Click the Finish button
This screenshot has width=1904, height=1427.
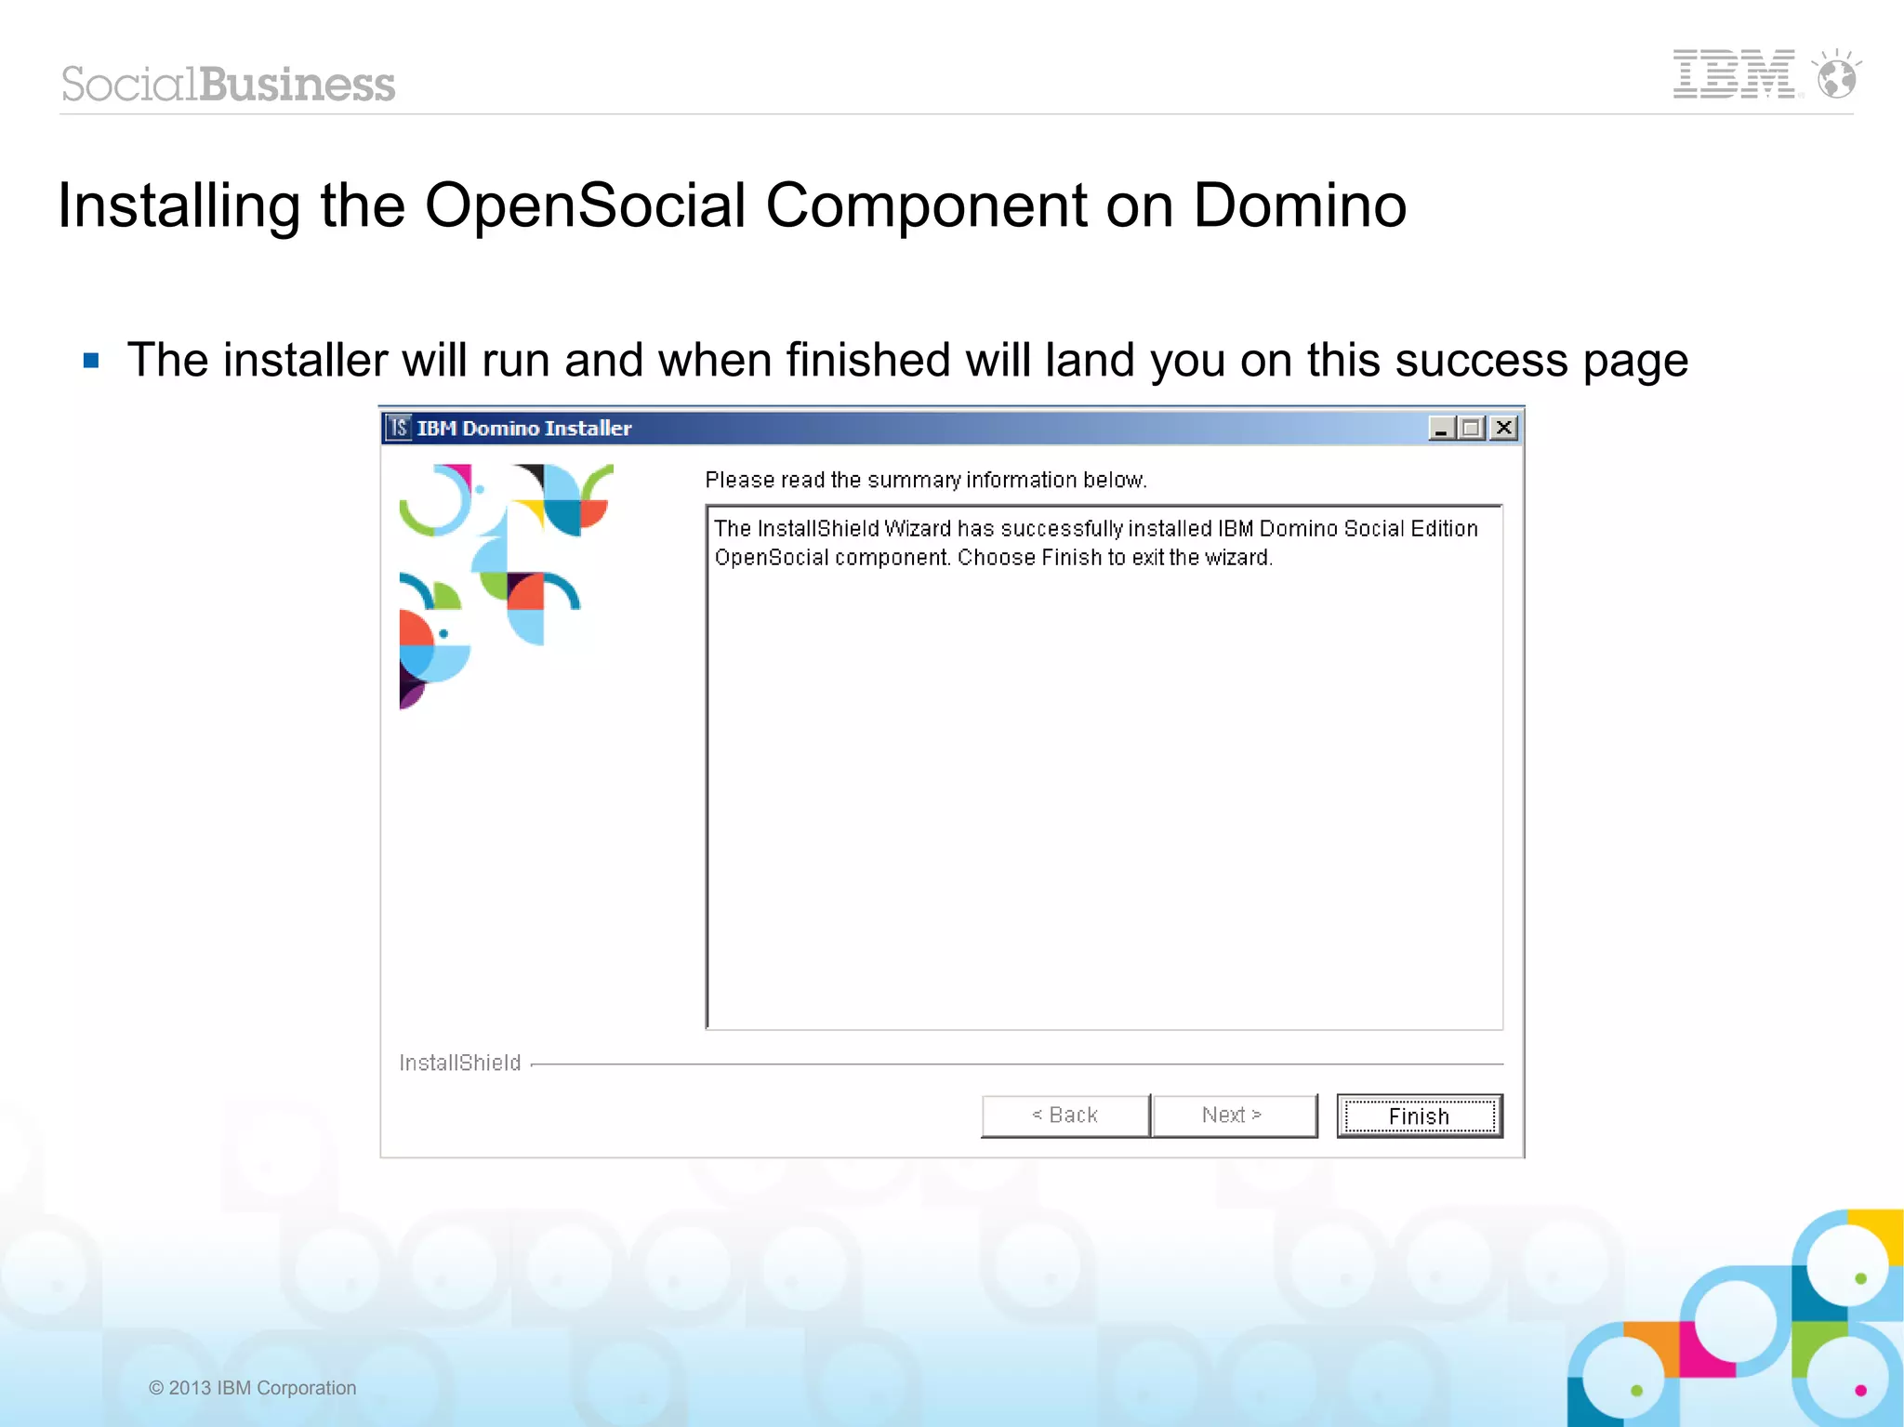click(1419, 1116)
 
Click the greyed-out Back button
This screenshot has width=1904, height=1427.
click(1064, 1116)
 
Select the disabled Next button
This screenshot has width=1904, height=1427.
click(1233, 1116)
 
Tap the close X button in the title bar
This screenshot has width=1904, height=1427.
click(1503, 428)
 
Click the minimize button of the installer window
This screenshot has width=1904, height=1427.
click(1441, 428)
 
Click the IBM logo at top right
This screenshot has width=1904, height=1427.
click(1734, 74)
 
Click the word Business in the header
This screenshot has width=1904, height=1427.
click(297, 84)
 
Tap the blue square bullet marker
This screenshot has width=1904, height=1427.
click(91, 360)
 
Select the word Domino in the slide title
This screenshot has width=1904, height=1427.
click(1299, 205)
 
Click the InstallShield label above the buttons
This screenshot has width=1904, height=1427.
click(459, 1063)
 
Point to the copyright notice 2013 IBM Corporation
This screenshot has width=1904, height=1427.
click(253, 1388)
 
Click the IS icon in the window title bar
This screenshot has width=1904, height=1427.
click(399, 428)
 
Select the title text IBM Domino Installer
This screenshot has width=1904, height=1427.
click(524, 428)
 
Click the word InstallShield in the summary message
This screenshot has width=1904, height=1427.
click(818, 529)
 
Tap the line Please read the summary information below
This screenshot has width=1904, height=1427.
click(926, 480)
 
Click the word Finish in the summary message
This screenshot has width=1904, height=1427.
click(1071, 558)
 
